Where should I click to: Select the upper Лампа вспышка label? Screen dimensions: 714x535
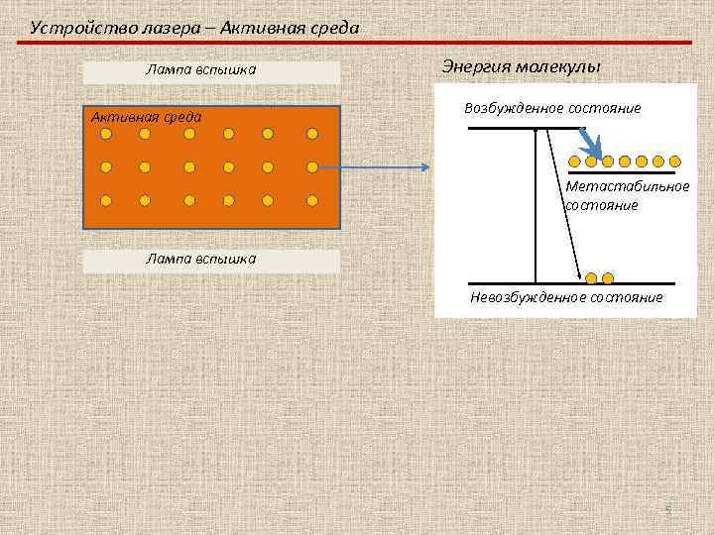(200, 70)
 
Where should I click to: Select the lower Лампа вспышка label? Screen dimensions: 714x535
(200, 259)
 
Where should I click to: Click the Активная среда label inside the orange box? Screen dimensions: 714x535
(147, 117)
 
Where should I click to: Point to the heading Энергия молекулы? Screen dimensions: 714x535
(521, 66)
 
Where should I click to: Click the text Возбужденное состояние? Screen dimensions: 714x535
(552, 108)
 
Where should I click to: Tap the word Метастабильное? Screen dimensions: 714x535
(628, 187)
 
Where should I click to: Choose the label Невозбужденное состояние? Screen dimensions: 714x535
(566, 297)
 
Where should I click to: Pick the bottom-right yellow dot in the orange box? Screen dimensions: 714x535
(312, 199)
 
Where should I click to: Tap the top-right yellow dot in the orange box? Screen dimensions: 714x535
(312, 133)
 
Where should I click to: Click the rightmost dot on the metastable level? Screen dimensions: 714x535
(676, 160)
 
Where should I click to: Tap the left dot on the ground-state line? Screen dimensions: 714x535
(592, 277)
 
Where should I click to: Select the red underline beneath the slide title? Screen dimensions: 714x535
(357, 43)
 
